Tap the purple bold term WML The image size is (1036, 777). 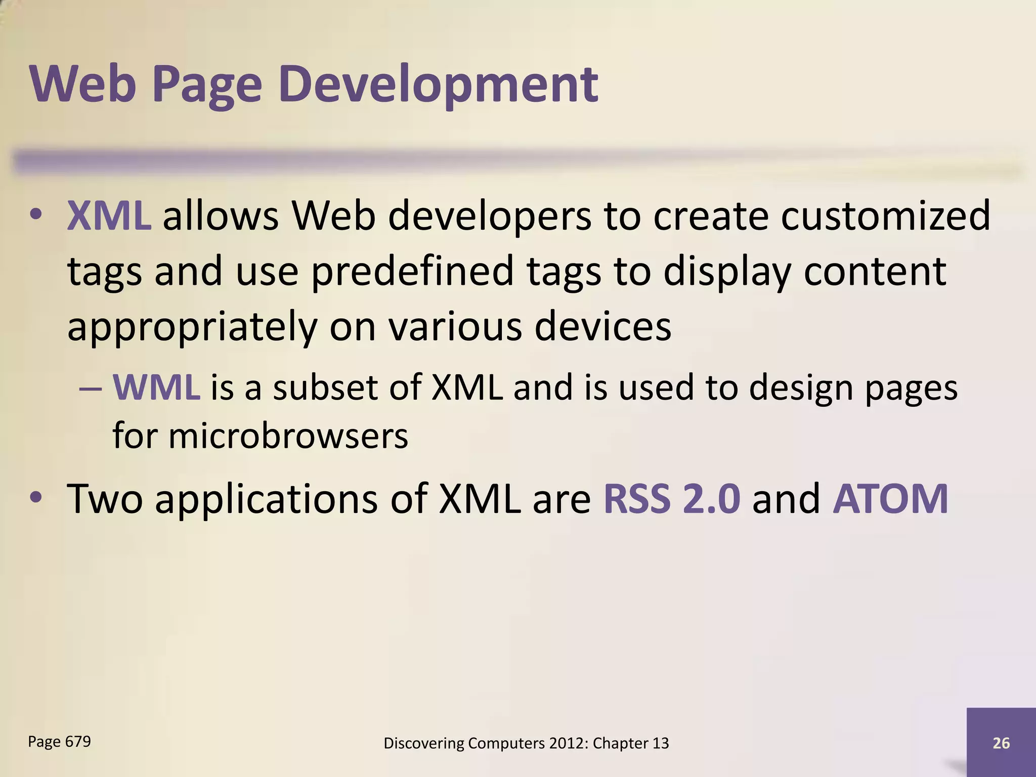156,388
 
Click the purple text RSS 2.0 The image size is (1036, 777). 672,499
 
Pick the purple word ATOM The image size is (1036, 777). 890,499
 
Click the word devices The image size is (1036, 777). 602,326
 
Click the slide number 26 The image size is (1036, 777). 1001,743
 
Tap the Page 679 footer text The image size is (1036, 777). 59,742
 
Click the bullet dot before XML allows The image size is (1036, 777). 35,214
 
